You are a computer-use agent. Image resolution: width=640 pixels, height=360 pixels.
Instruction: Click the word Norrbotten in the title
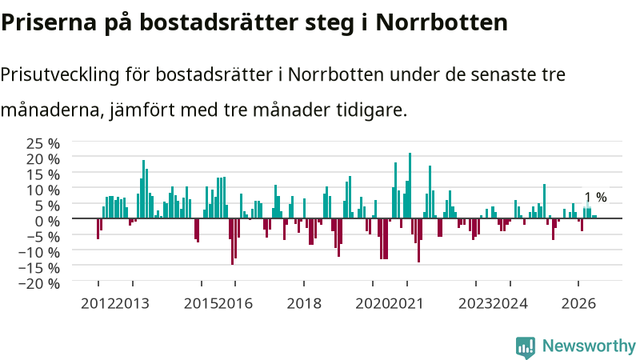442,22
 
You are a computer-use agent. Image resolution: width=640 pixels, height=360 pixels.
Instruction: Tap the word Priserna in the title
49,22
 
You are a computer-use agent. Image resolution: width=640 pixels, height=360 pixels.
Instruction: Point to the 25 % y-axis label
43,144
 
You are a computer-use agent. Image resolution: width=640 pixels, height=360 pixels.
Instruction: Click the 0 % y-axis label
47,222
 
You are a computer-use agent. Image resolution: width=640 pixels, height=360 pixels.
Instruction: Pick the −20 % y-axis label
39,283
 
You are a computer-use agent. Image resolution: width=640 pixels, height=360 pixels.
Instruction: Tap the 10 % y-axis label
43,190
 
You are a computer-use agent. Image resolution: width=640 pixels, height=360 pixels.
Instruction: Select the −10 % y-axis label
39,252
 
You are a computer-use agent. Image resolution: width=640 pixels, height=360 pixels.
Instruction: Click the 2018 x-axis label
304,304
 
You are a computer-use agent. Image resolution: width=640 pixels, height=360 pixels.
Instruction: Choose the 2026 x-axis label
578,304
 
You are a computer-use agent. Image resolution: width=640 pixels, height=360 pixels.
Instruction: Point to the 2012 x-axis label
98,304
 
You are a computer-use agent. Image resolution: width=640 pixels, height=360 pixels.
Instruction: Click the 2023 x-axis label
475,304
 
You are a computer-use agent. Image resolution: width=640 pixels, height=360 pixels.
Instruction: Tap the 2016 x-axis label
235,304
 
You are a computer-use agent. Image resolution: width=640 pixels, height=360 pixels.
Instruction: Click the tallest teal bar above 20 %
410,186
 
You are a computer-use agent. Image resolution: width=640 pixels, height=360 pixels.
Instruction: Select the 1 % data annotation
596,197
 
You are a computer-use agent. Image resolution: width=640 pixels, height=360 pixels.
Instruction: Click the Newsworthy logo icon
526,347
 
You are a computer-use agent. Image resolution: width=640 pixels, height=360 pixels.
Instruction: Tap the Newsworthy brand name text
589,346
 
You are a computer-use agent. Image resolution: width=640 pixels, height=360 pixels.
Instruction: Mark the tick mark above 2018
304,284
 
